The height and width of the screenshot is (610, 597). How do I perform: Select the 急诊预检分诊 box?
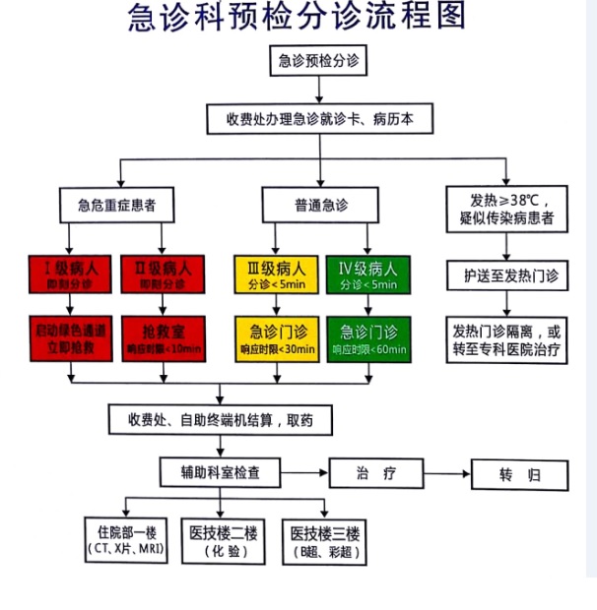click(x=318, y=61)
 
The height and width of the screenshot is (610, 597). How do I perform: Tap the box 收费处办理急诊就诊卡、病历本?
click(x=319, y=118)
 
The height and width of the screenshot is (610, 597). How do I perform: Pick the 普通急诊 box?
click(x=320, y=206)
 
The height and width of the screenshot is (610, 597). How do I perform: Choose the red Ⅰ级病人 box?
click(x=68, y=273)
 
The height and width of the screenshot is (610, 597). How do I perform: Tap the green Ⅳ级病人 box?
click(x=366, y=273)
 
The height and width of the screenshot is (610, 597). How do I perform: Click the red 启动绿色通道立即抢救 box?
click(x=68, y=337)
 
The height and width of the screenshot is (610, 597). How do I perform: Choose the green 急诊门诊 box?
click(x=366, y=337)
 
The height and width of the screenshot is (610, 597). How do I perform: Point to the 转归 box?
click(x=519, y=475)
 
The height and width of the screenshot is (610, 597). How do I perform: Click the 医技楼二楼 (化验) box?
click(x=224, y=542)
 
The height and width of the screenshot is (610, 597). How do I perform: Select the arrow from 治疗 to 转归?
click(x=447, y=474)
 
